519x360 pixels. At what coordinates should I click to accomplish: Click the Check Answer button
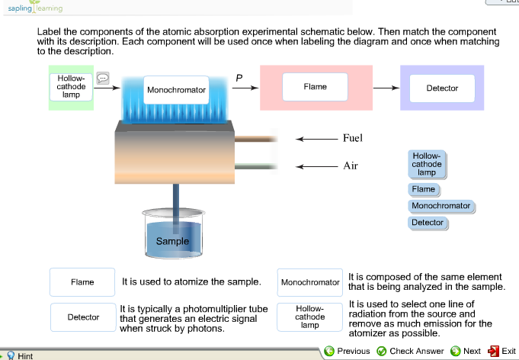click(x=411, y=351)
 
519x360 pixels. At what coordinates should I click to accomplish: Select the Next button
click(x=466, y=351)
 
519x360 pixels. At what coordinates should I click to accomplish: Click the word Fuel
click(x=353, y=139)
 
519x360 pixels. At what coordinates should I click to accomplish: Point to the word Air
click(x=350, y=166)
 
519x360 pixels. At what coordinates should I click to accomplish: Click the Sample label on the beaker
click(x=172, y=241)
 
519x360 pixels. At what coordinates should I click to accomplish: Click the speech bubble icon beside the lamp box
click(x=104, y=78)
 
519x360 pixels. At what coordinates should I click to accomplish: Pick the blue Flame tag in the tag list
click(x=423, y=189)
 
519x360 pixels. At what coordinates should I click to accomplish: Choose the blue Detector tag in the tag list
click(x=427, y=223)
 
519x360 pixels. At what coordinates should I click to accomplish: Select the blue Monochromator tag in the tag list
click(x=441, y=206)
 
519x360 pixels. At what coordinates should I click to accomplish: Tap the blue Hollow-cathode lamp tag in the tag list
click(x=426, y=164)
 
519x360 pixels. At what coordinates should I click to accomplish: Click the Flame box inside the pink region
click(x=315, y=87)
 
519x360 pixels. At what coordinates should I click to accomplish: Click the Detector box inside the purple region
click(x=442, y=88)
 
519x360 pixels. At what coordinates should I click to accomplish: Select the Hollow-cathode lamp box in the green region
click(x=71, y=86)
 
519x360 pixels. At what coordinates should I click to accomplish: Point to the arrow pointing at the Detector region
click(x=386, y=88)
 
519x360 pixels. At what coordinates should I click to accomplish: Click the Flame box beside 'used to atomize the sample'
click(x=82, y=282)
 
